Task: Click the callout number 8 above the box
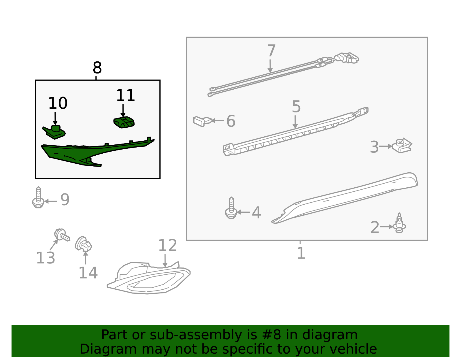click(x=97, y=68)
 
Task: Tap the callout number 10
click(x=58, y=103)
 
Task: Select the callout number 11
click(x=125, y=95)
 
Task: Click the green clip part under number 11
click(x=124, y=122)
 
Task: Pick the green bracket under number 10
click(x=54, y=132)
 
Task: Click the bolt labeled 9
click(x=38, y=197)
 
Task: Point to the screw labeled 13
click(x=62, y=235)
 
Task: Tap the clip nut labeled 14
click(x=83, y=244)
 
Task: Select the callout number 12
click(x=167, y=245)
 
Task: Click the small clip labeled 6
click(x=202, y=121)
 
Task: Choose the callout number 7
click(x=271, y=50)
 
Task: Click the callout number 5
click(x=296, y=106)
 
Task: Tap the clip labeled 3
click(x=402, y=146)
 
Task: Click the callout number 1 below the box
click(x=301, y=253)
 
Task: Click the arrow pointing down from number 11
click(x=123, y=110)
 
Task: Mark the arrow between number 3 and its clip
click(x=386, y=146)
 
